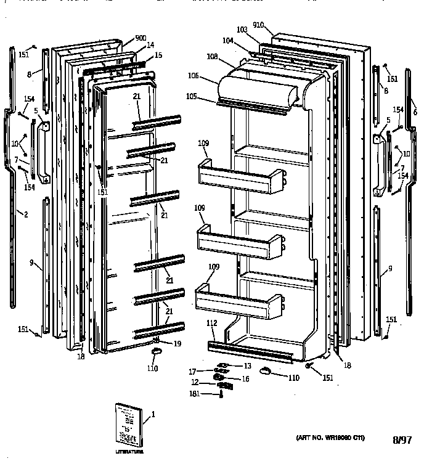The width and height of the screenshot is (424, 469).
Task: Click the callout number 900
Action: click(x=141, y=38)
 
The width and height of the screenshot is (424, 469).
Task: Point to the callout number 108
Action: click(x=212, y=56)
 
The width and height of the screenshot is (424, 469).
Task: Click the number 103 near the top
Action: click(x=242, y=30)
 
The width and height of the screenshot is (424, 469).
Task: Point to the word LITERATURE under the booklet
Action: click(x=129, y=452)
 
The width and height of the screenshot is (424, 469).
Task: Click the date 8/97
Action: click(x=401, y=440)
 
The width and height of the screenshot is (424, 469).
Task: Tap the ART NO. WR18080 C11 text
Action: click(x=330, y=438)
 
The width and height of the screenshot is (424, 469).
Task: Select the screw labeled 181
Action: click(x=220, y=394)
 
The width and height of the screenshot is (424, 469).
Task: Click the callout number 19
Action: click(x=177, y=344)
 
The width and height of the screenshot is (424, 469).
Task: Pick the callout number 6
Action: click(x=415, y=112)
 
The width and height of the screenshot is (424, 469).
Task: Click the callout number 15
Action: click(x=158, y=55)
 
